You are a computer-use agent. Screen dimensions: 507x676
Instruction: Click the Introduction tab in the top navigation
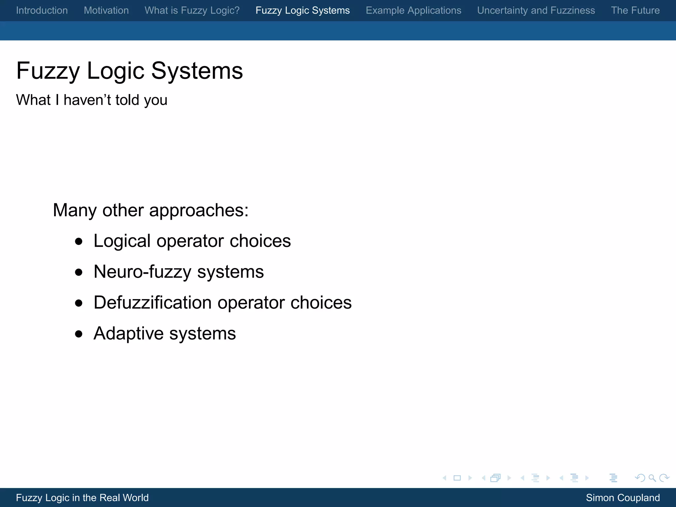pyautogui.click(x=42, y=11)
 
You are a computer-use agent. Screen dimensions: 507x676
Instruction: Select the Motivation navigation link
pyautogui.click(x=106, y=11)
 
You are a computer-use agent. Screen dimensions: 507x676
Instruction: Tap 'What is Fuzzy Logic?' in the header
pyautogui.click(x=192, y=11)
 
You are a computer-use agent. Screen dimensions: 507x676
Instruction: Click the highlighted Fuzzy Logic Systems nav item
pyautogui.click(x=302, y=11)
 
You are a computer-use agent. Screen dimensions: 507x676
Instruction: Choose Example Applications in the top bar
pyautogui.click(x=413, y=11)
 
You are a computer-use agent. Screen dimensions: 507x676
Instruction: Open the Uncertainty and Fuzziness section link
pyautogui.click(x=536, y=11)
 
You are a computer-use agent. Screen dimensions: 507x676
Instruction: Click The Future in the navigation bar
pyautogui.click(x=635, y=11)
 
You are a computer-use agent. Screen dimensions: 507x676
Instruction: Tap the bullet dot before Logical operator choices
pyautogui.click(x=79, y=242)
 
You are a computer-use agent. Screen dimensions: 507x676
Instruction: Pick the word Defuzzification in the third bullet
pyautogui.click(x=152, y=303)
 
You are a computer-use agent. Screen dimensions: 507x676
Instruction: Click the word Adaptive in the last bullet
pyautogui.click(x=128, y=333)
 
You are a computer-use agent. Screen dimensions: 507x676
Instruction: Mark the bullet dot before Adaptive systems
pyautogui.click(x=79, y=334)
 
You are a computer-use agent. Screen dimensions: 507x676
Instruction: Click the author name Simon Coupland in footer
pyautogui.click(x=623, y=497)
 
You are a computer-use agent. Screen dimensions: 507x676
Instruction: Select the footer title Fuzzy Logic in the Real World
pyautogui.click(x=82, y=497)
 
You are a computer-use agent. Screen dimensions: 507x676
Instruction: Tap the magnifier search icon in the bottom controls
pyautogui.click(x=652, y=478)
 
